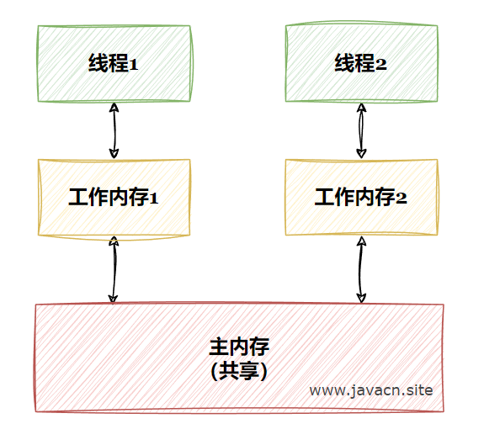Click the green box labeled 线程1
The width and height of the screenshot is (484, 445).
114,64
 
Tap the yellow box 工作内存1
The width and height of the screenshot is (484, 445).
114,198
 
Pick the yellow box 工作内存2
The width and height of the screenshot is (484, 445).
361,198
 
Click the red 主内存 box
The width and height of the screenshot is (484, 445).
240,358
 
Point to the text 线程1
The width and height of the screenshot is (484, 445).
114,63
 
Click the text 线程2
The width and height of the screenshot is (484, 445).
360,63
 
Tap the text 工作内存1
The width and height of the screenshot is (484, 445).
114,197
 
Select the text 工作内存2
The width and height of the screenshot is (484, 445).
360,197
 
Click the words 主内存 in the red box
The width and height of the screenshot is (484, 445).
239,347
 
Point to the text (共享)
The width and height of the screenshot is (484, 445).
238,371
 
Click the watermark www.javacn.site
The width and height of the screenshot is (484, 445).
371,390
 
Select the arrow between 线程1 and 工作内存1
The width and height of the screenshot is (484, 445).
114,130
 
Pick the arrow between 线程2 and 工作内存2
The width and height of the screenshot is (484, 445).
361,130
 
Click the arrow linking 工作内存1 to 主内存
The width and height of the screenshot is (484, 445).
114,269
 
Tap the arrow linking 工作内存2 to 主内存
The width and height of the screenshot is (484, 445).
361,269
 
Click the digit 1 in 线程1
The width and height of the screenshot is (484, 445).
134,65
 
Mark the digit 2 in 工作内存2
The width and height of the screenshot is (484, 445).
402,199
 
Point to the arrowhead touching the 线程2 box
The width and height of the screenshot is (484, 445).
361,108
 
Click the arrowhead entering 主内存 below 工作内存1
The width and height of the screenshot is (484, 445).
113,299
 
